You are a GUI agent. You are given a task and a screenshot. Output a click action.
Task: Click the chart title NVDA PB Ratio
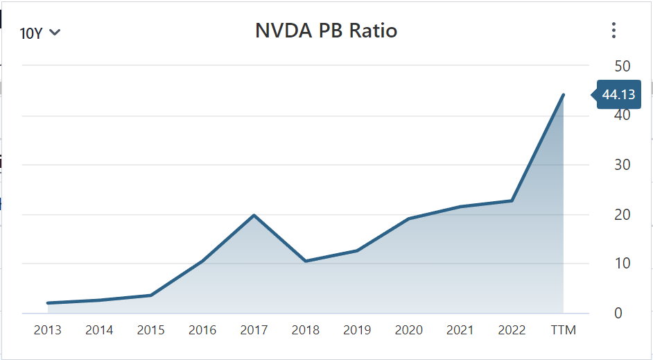click(326, 31)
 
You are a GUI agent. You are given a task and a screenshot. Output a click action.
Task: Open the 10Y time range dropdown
click(40, 33)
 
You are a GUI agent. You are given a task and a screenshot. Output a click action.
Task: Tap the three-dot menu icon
click(613, 31)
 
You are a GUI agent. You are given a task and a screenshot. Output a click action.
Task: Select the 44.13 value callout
click(618, 95)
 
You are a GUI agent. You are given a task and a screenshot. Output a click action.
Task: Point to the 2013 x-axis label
click(47, 330)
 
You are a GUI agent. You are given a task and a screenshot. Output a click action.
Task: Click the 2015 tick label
click(150, 330)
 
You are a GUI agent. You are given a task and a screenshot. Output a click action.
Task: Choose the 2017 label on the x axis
click(254, 330)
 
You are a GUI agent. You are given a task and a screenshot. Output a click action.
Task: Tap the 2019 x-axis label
click(357, 330)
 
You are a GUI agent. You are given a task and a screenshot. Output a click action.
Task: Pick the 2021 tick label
click(460, 330)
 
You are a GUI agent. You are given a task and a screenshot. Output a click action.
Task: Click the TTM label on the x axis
click(563, 330)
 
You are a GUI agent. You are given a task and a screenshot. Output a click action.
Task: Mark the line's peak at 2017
click(254, 215)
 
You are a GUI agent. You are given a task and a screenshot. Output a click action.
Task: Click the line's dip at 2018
click(306, 261)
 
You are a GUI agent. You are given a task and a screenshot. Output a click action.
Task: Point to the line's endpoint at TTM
click(563, 95)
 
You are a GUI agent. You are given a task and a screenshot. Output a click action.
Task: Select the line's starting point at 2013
click(47, 303)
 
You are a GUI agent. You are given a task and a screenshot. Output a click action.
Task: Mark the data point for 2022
click(512, 200)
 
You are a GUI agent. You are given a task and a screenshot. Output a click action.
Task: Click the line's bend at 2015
click(150, 295)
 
